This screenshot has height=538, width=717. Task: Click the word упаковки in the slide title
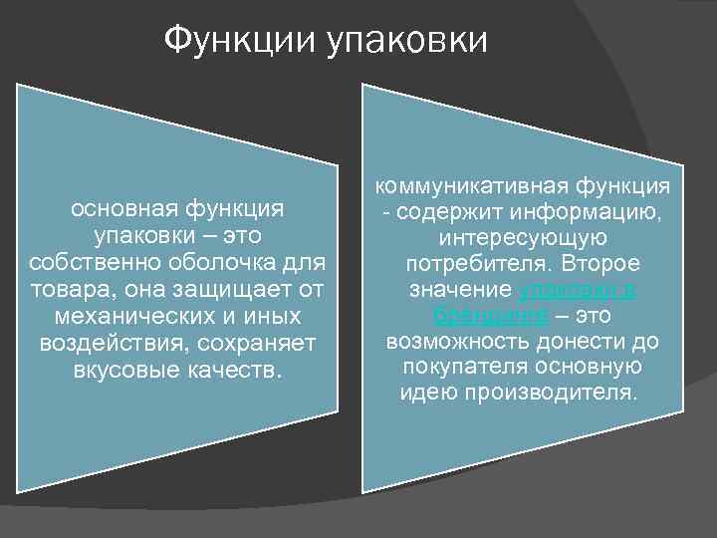[408, 42]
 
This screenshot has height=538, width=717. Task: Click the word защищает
[220, 289]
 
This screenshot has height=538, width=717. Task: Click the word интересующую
[522, 239]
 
